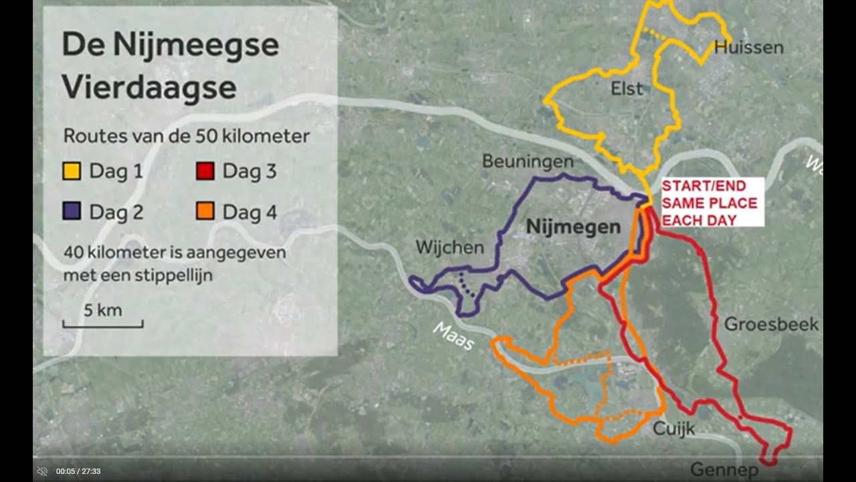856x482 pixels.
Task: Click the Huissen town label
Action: (748, 48)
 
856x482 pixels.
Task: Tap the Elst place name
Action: (627, 88)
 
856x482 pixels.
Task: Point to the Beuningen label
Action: (528, 162)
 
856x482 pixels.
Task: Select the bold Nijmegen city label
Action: (573, 227)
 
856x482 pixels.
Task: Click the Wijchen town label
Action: (449, 247)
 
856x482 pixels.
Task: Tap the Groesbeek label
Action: (771, 325)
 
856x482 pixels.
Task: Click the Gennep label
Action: (724, 470)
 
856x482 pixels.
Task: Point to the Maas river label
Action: (453, 336)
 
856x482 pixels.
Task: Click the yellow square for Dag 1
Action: (72, 171)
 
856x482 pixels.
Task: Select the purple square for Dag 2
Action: (72, 212)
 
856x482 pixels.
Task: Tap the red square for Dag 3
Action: (205, 171)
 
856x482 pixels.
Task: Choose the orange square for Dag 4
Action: (205, 212)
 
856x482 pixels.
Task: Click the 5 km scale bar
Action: (103, 325)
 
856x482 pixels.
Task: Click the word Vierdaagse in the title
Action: (149, 88)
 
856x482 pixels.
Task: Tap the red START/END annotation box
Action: (710, 203)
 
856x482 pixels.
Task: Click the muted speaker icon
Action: (42, 471)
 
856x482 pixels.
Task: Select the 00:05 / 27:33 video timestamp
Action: (78, 471)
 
